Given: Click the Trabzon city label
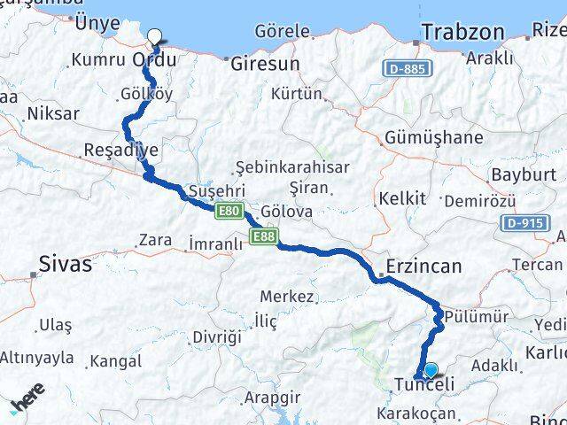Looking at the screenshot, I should click(462, 32).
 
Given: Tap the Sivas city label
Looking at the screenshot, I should click(65, 263).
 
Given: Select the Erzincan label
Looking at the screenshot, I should click(424, 266).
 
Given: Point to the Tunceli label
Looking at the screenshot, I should click(424, 385).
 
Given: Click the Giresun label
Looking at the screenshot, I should click(265, 64).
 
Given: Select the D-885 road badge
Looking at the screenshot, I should click(407, 67).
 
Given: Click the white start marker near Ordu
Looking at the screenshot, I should click(156, 37).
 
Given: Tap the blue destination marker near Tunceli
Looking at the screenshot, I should click(431, 371).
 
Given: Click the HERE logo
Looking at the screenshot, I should click(27, 404).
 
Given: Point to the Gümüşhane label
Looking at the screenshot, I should click(434, 138).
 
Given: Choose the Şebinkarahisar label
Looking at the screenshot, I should click(292, 166).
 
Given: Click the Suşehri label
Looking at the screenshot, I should click(217, 190).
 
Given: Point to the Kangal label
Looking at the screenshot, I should click(115, 361).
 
